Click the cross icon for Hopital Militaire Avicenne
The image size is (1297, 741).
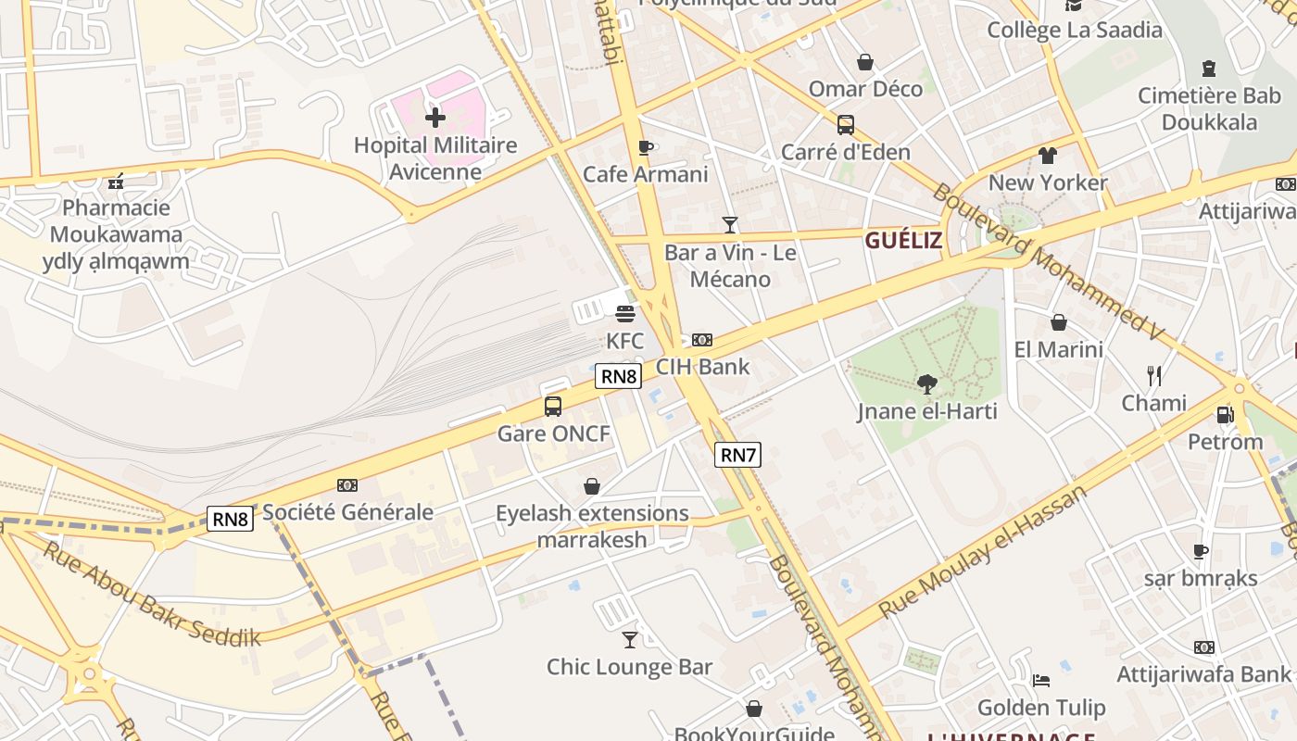pyautogui.click(x=434, y=117)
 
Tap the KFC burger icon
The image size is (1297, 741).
pyautogui.click(x=625, y=313)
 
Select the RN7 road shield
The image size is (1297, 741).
pyautogui.click(x=738, y=455)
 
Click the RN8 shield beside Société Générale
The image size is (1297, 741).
pyautogui.click(x=230, y=519)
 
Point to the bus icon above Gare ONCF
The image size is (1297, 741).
pyautogui.click(x=553, y=406)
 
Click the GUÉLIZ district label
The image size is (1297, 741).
pyautogui.click(x=903, y=242)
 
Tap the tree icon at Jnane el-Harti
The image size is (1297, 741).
pyautogui.click(x=926, y=383)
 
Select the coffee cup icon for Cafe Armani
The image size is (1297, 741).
pyautogui.click(x=646, y=147)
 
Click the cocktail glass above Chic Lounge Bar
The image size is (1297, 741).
pyautogui.click(x=630, y=639)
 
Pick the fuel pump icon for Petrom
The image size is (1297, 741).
pyautogui.click(x=1225, y=415)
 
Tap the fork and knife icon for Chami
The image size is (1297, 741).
pyautogui.click(x=1154, y=375)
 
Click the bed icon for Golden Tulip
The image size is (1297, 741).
pyautogui.click(x=1041, y=681)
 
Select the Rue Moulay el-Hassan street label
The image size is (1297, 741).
pyautogui.click(x=983, y=552)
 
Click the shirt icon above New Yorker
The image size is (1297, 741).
pyautogui.click(x=1048, y=155)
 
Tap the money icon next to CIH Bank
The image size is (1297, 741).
pyautogui.click(x=702, y=340)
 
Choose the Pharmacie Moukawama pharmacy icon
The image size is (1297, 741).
pyautogui.click(x=116, y=182)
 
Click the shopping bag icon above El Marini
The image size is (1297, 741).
pyautogui.click(x=1059, y=322)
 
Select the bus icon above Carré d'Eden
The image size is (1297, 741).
pyautogui.click(x=845, y=125)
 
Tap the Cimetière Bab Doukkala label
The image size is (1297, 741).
pyautogui.click(x=1209, y=108)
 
